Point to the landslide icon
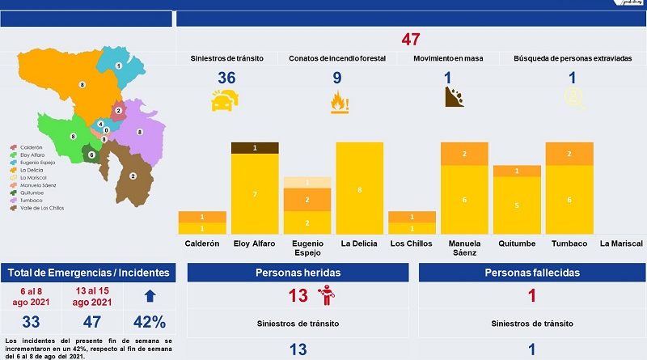[455, 99]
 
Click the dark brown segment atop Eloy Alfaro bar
[256, 147]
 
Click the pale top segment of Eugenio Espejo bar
[307, 182]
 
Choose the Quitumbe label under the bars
[518, 244]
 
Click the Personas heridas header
[298, 273]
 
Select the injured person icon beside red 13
[330, 296]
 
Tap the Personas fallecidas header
[531, 273]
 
